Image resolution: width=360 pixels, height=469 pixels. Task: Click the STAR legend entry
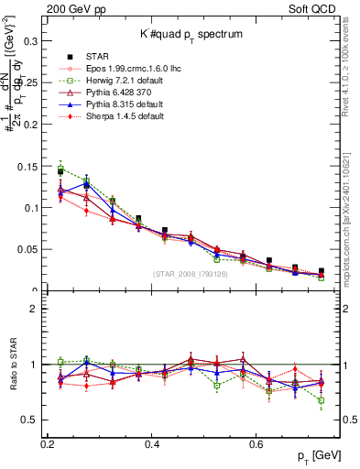pos(103,56)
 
